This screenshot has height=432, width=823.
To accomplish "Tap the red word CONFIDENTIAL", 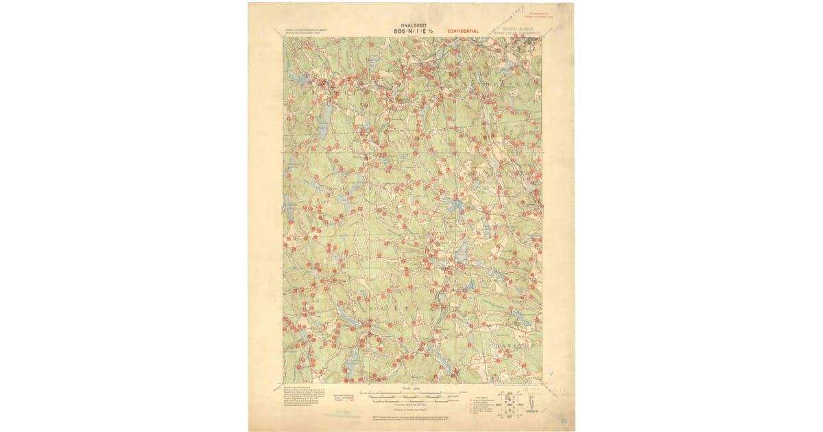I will pos(463,31).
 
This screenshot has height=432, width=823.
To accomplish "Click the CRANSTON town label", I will pos(513,347).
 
